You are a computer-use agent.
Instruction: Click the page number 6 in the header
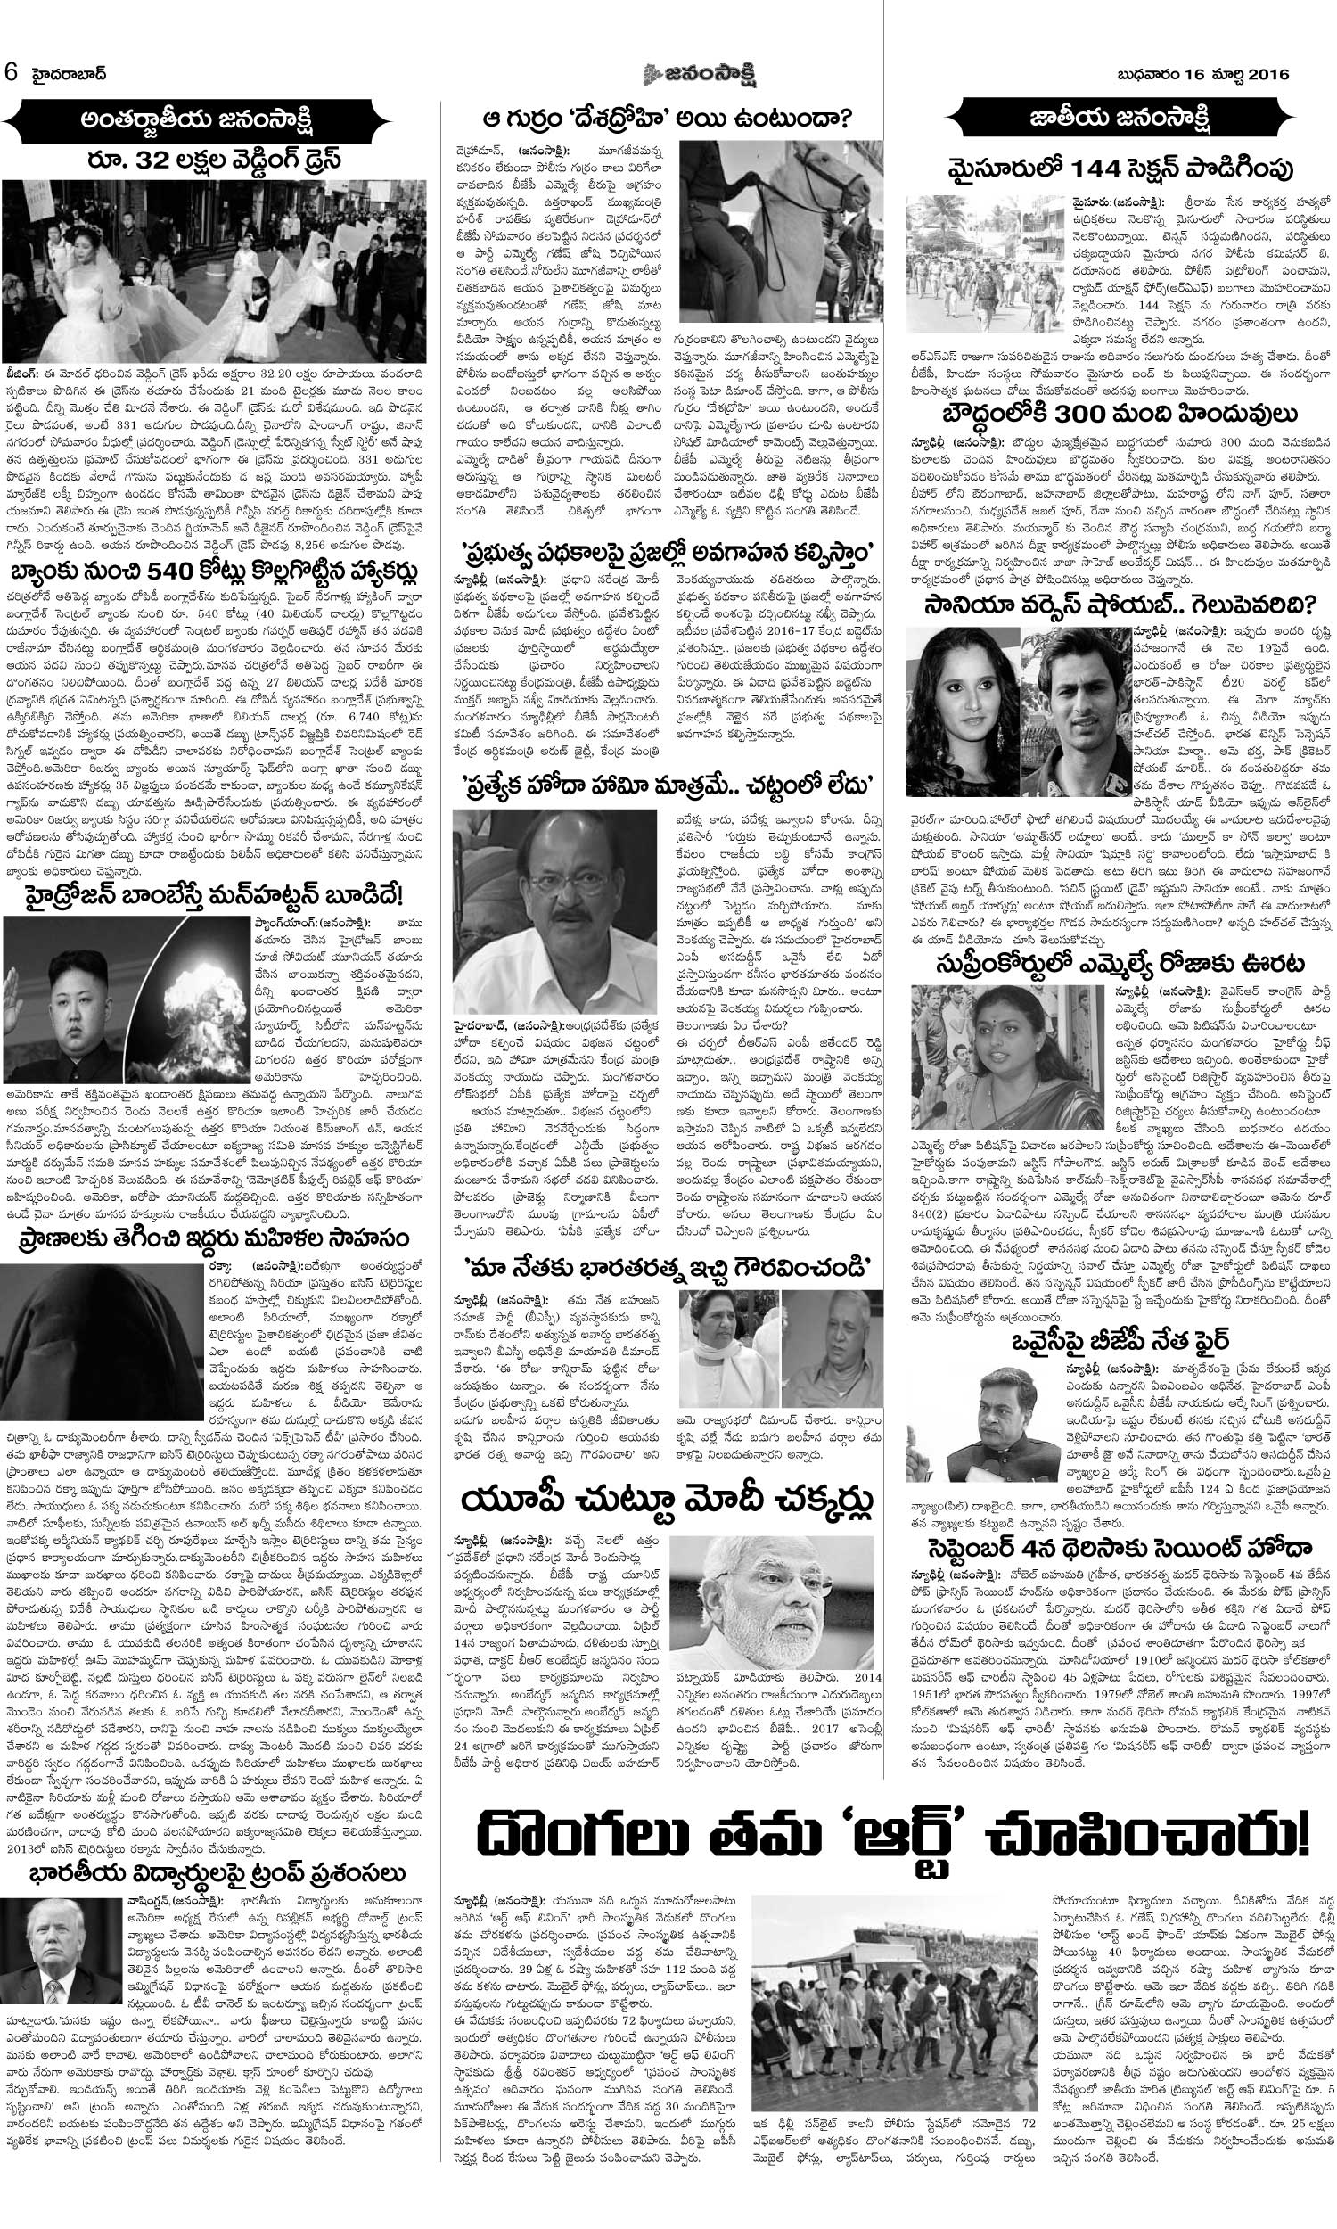pos(11,71)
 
